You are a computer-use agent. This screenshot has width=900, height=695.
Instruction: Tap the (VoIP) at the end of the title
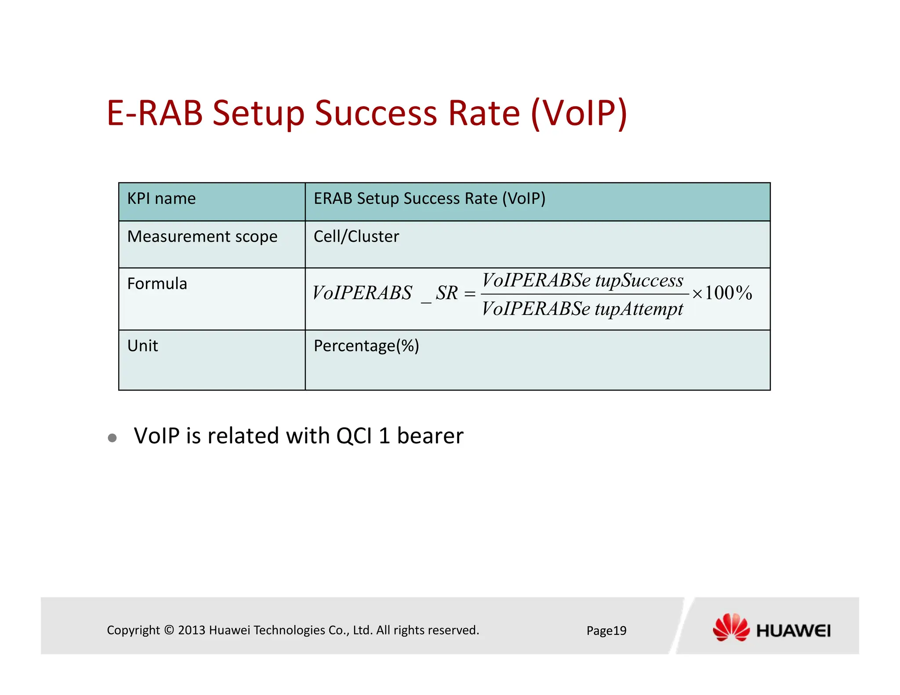click(x=579, y=113)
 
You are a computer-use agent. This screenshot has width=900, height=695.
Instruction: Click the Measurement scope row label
click(x=202, y=237)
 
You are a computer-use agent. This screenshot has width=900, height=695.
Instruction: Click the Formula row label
click(x=157, y=284)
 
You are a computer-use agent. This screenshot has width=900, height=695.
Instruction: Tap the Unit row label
click(x=142, y=346)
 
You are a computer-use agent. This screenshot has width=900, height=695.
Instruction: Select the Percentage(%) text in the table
click(x=366, y=346)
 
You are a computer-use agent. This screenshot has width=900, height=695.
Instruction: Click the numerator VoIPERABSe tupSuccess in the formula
click(x=583, y=280)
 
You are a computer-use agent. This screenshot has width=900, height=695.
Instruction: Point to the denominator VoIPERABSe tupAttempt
click(x=582, y=309)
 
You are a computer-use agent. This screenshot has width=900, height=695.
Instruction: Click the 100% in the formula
click(x=728, y=293)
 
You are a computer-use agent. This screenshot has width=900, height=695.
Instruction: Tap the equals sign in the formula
click(x=470, y=293)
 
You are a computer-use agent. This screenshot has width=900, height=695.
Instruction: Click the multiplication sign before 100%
click(x=697, y=294)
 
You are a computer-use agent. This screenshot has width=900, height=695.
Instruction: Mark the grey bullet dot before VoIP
click(x=112, y=438)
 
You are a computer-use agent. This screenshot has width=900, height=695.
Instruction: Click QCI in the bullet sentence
click(x=354, y=436)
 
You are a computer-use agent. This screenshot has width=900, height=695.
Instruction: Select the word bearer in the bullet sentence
click(x=430, y=436)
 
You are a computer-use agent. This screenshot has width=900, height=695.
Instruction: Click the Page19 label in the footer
click(x=606, y=630)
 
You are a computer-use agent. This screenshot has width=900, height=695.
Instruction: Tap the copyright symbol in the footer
click(x=169, y=630)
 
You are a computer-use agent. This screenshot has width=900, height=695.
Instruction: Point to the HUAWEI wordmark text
click(x=793, y=631)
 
